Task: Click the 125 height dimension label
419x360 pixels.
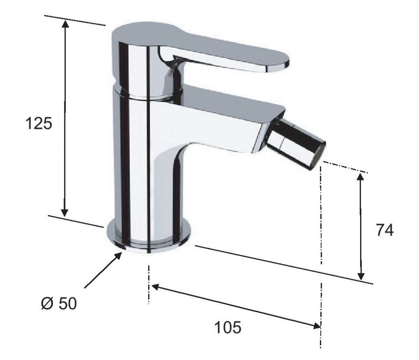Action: click(x=39, y=124)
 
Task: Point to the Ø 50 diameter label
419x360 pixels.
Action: click(x=59, y=304)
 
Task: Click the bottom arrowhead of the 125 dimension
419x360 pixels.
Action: click(x=64, y=212)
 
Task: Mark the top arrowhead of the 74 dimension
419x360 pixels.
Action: click(x=360, y=178)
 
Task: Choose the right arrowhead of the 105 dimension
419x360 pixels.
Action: click(x=317, y=325)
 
